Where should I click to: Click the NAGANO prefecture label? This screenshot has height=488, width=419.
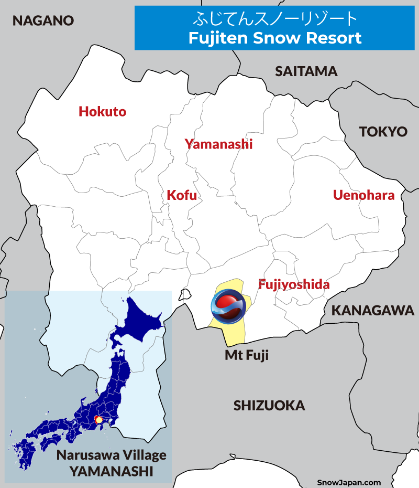coord(43,20)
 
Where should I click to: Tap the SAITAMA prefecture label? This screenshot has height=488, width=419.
coord(306,71)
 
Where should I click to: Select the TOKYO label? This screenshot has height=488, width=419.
coord(383,132)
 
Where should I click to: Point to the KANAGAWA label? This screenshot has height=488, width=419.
coord(372,310)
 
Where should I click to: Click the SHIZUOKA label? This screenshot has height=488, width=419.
coord(269,405)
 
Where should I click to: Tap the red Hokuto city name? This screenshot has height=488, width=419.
coord(102,111)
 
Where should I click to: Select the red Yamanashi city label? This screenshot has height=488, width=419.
coord(218,144)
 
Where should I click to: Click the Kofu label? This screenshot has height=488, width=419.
coord(182,195)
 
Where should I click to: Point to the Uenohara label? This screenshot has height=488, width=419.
coord(363,195)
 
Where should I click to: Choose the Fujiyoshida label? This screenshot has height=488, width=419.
coord(294,284)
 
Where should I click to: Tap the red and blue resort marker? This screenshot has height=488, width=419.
coord(228,307)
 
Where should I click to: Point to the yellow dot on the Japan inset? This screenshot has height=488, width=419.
coord(98,420)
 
